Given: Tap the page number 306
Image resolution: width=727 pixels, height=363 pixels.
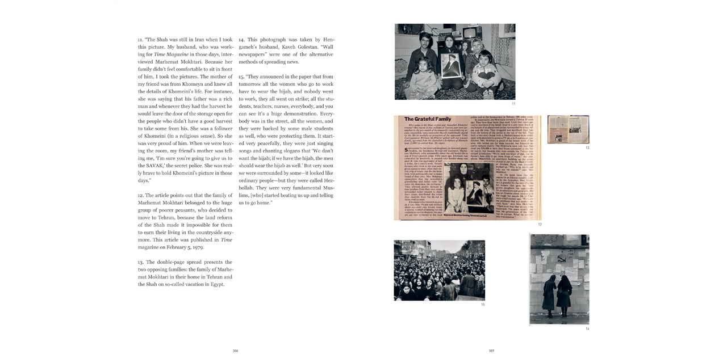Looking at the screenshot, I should pos(235,351).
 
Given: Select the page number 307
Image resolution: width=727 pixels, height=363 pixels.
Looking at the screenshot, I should pos(491,351).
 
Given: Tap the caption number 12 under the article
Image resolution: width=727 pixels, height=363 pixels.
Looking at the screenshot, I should pos(540,225).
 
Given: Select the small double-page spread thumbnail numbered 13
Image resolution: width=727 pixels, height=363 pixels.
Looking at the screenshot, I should pos(568,129).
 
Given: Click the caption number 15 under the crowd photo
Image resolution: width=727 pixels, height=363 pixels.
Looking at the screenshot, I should pos(483,305).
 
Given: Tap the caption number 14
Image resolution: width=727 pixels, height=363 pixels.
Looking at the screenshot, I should pos(587,328).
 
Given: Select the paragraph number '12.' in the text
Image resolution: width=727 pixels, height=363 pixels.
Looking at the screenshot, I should pos(141,195).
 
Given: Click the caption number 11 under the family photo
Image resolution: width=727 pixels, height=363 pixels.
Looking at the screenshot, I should pos(513,104).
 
